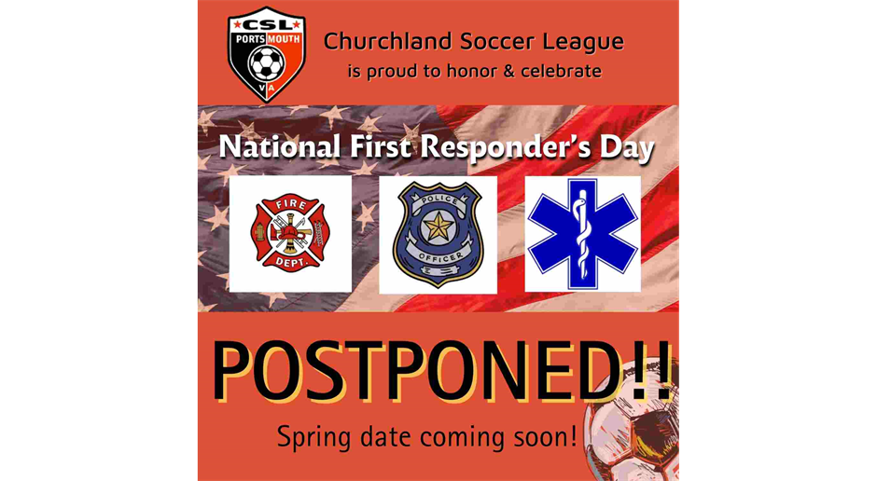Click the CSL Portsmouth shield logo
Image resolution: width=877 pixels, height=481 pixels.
pos(266,54)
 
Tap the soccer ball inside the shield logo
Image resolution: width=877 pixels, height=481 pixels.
pos(266,63)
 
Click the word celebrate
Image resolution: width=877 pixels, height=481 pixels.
pos(561,71)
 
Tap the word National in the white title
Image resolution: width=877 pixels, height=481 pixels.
pos(280,147)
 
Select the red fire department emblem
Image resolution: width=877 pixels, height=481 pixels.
pos(290,233)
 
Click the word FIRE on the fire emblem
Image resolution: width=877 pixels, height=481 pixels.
pos(290,205)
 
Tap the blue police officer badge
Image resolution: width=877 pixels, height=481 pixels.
pos(438,235)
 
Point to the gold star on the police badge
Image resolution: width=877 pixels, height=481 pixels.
pos(438,227)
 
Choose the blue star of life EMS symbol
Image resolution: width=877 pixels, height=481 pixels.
pos(582,234)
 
